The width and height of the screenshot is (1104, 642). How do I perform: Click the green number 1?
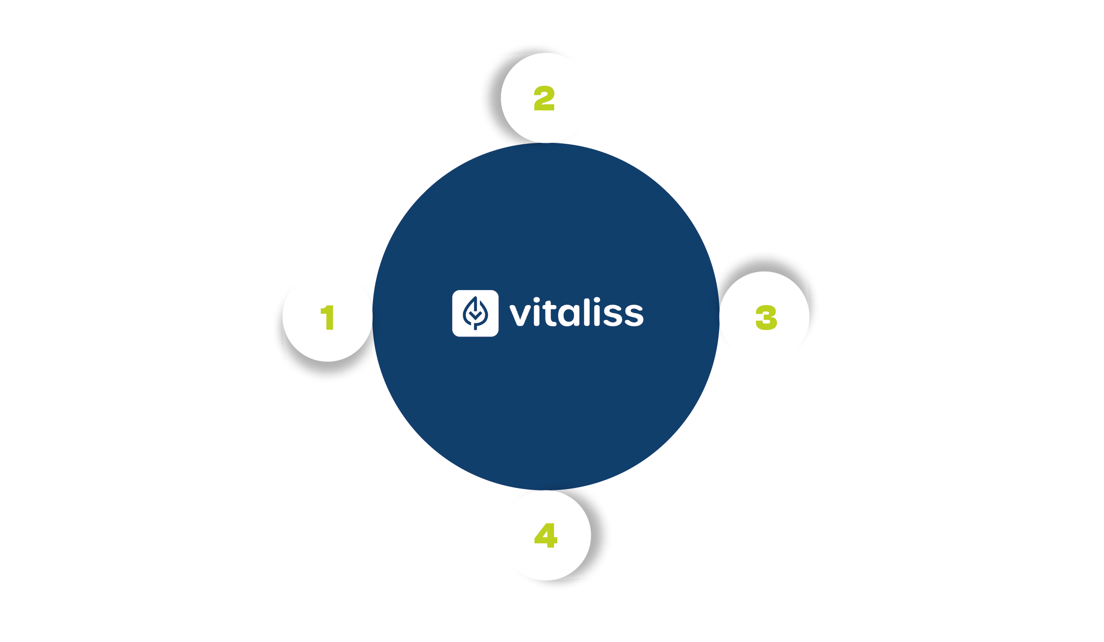pos(328,318)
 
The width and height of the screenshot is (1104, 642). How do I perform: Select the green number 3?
pos(766,318)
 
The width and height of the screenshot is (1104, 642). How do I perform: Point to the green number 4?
pos(546,535)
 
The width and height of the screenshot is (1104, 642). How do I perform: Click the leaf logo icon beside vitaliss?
pos(475,313)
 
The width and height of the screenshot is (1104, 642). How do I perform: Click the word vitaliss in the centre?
pos(576,314)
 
